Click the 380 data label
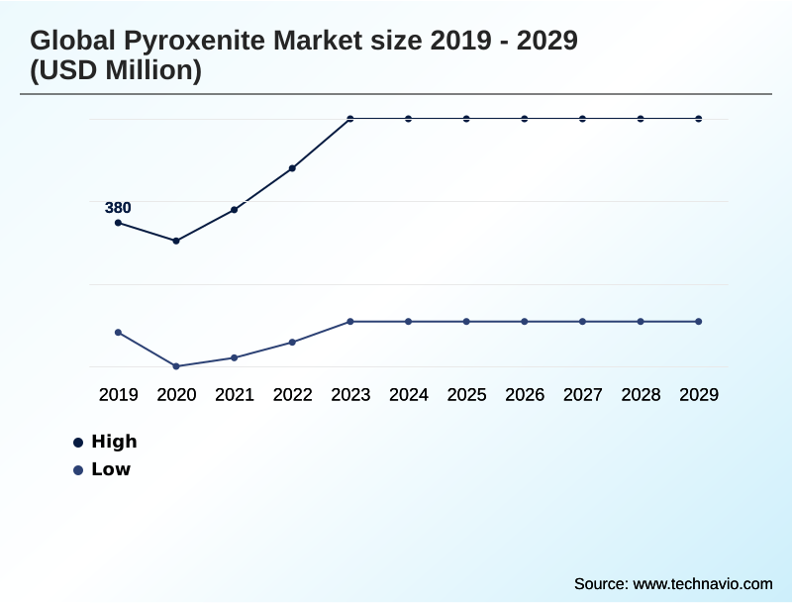point(118,208)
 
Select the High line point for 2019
point(118,223)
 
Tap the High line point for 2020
point(176,241)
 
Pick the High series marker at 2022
point(292,168)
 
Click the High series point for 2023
point(350,119)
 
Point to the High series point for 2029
point(699,119)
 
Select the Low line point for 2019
point(118,333)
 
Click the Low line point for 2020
point(176,366)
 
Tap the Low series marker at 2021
point(235,357)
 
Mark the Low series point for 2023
point(350,322)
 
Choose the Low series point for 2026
point(525,322)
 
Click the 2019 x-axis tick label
point(118,395)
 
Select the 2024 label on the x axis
point(408,395)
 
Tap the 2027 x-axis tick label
point(582,395)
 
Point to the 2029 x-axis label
point(699,395)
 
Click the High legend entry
point(113,442)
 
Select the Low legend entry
point(110,469)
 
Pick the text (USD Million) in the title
point(116,71)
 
